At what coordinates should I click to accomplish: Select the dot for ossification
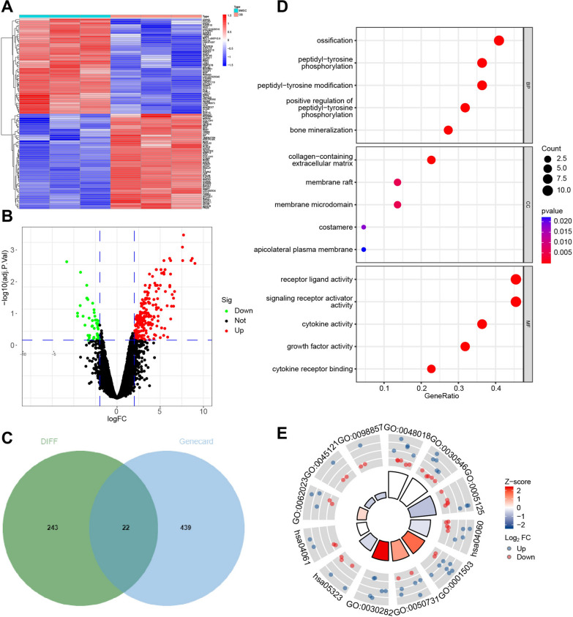click(x=499, y=40)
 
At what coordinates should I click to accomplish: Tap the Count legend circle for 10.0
click(x=546, y=190)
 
